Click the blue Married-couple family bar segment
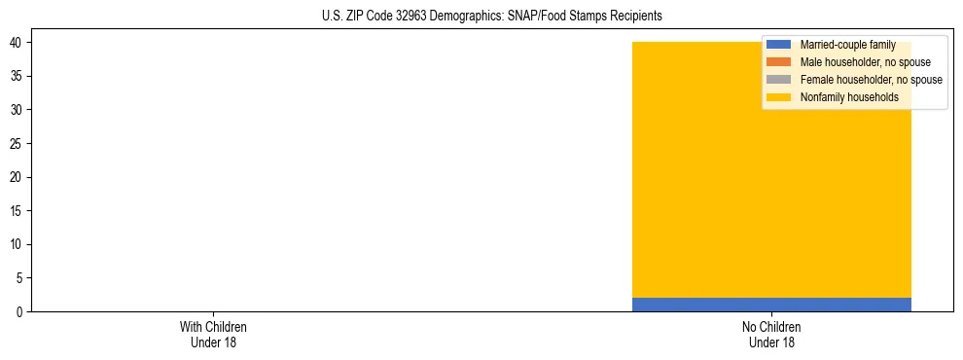771,305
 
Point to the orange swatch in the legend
779,62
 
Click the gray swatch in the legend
779,80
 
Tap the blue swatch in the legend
779,45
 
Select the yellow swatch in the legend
779,97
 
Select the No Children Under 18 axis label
771,335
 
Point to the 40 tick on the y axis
18,43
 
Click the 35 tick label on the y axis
18,76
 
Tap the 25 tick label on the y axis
18,144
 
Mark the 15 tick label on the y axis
18,211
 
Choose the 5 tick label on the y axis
20,278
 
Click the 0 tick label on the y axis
20,312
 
